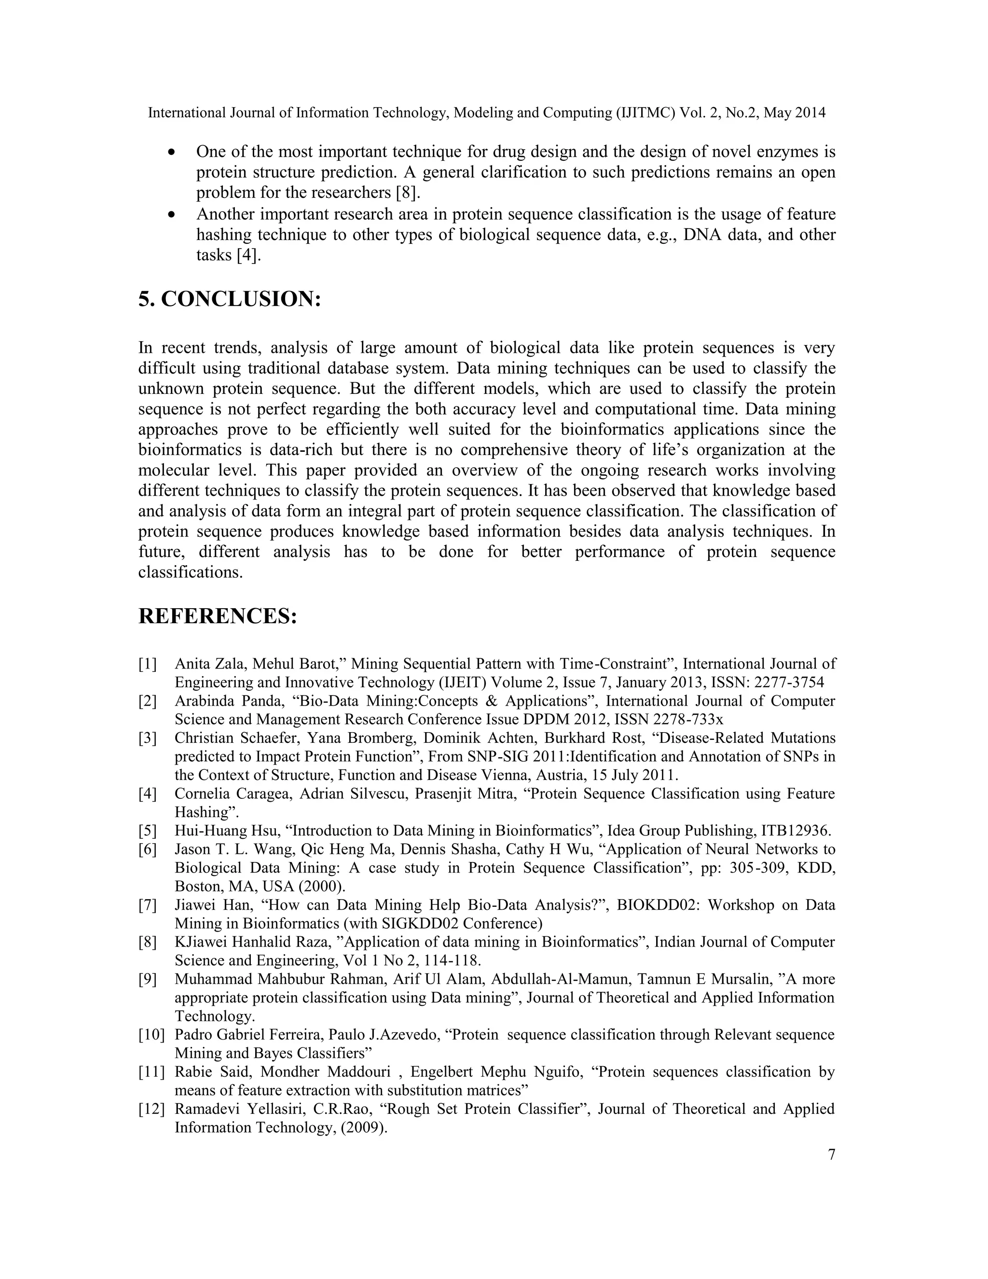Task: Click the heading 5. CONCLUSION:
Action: click(x=230, y=299)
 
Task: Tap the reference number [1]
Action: click(x=148, y=664)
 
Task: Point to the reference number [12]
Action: click(x=151, y=1109)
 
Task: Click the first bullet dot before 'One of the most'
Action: click(x=171, y=152)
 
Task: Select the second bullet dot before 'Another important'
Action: click(x=171, y=214)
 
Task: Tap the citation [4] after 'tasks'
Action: click(x=247, y=255)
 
